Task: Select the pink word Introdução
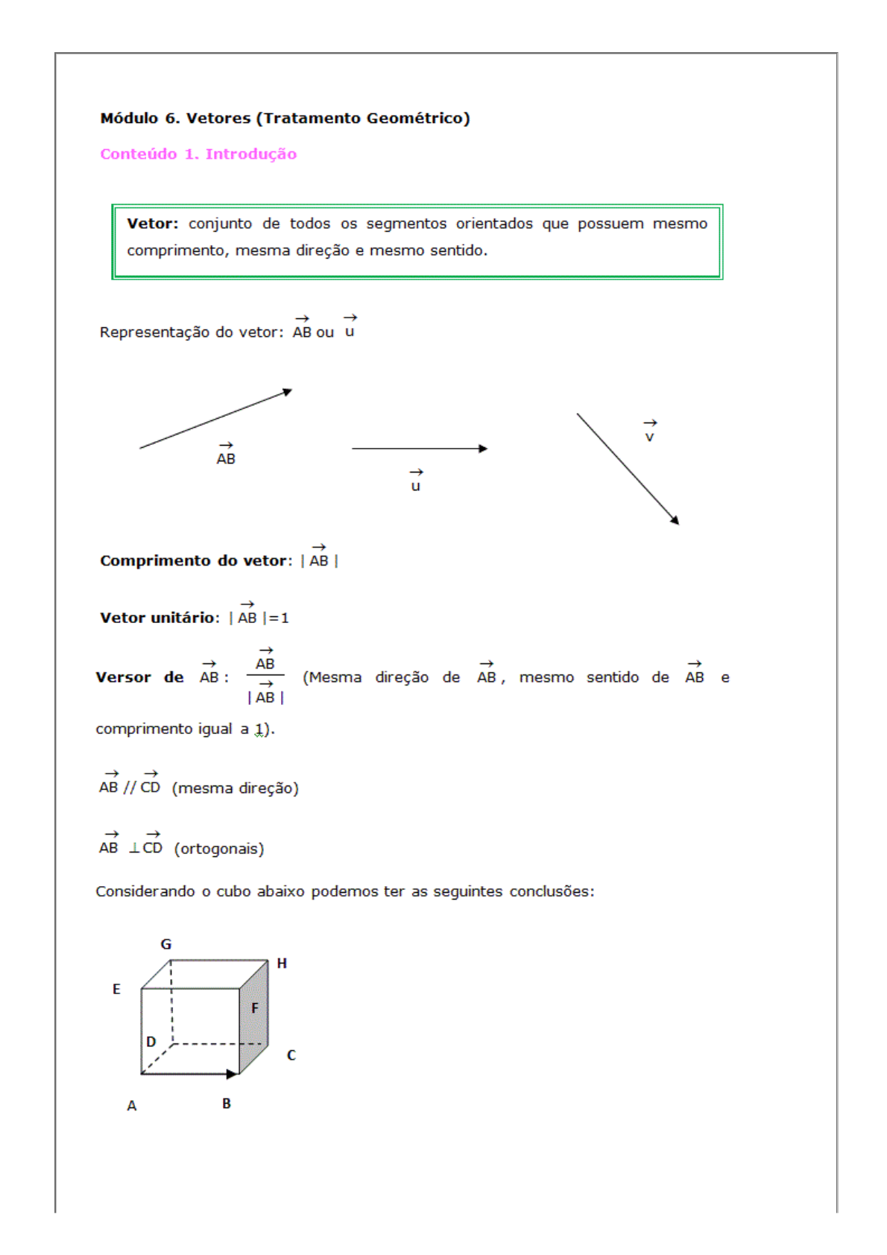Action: tap(251, 154)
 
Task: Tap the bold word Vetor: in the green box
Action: tap(152, 224)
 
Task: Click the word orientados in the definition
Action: tap(494, 224)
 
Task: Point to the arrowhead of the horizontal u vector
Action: tap(484, 449)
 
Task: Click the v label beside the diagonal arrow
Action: tap(650, 437)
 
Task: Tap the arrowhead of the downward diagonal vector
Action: tap(675, 521)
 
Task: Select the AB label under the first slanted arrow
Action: tap(226, 459)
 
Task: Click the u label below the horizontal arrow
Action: tap(416, 486)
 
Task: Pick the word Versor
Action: tap(123, 677)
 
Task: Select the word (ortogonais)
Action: tap(219, 849)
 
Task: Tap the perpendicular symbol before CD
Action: tap(135, 848)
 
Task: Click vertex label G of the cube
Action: tap(166, 944)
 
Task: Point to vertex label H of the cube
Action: tap(282, 964)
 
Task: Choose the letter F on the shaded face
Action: tap(255, 1008)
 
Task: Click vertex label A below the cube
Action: tap(132, 1106)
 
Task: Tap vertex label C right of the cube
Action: tap(291, 1055)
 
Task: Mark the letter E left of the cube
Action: tap(116, 990)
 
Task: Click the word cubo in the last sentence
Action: tap(233, 892)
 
